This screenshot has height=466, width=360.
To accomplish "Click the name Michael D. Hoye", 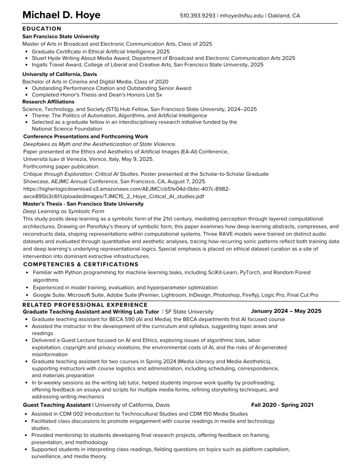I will (61, 15).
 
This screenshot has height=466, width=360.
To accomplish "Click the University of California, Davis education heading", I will (56, 74).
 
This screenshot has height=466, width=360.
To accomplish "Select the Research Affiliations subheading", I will (48, 102).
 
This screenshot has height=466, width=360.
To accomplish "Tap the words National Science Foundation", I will (67, 129).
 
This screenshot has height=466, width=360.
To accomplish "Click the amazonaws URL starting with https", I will (127, 189).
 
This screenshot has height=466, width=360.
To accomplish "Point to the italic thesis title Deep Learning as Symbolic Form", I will (63, 211).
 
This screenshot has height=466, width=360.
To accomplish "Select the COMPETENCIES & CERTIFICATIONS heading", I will (81, 264).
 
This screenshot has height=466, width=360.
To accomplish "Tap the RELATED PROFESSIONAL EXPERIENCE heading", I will (85, 305).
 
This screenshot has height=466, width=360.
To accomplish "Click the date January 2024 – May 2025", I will (286, 311).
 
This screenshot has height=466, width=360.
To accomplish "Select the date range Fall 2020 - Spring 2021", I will (282, 405).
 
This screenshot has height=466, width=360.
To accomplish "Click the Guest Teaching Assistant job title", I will (56, 405).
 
